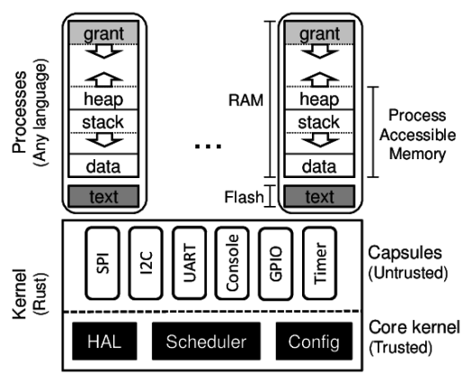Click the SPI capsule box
pos(102,263)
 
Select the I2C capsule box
pos(146,263)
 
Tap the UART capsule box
pos(190,263)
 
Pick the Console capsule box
pos(232,263)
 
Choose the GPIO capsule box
pos(276,263)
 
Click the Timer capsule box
pos(319,263)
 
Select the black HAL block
pos(104,341)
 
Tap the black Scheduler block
pos(206,341)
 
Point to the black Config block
pos(314,341)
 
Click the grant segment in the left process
pos(103,33)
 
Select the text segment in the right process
pos(319,196)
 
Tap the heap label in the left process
pos(103,99)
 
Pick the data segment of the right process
pos(319,165)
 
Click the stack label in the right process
pos(319,122)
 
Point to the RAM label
pos(245,100)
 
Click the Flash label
pos(244,197)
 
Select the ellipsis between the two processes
pos(208,147)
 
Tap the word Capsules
pos(405,253)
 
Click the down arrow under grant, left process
pos(104,51)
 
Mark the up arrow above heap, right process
pos(320,79)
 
